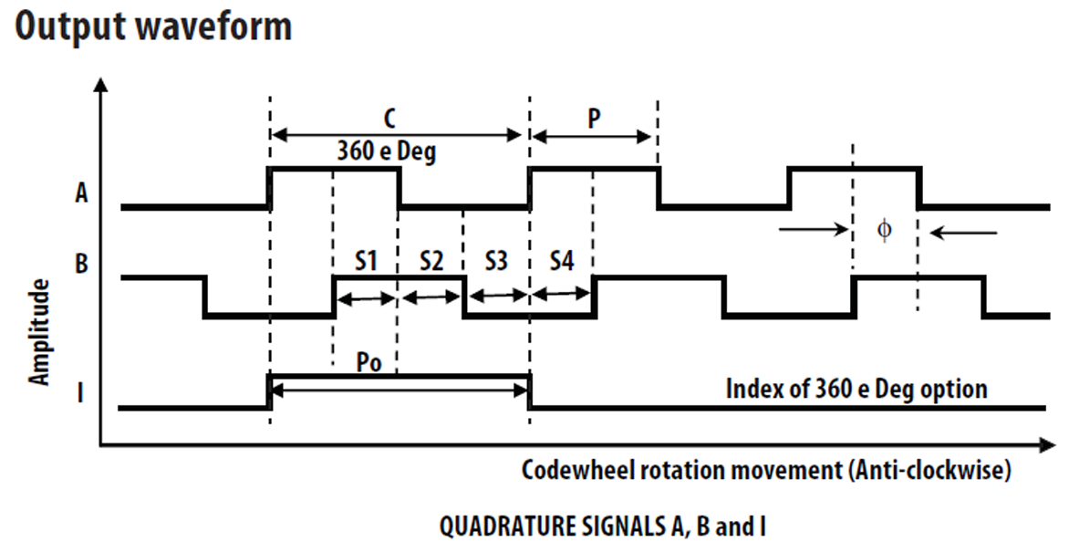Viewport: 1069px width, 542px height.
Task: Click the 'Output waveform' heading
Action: pyautogui.click(x=153, y=26)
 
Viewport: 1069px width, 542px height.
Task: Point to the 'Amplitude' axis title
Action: pyautogui.click(x=39, y=331)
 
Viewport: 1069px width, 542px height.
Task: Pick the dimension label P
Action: pyautogui.click(x=594, y=119)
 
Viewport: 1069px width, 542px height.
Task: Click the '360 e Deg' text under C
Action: pyautogui.click(x=388, y=151)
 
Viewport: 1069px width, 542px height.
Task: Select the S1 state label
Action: pyautogui.click(x=366, y=262)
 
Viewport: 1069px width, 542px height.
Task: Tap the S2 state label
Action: pyautogui.click(x=431, y=262)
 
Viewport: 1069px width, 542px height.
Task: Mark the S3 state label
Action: pyautogui.click(x=495, y=262)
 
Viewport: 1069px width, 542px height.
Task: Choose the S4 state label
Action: pyautogui.click(x=562, y=262)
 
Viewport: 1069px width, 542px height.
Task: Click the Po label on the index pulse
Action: pyautogui.click(x=368, y=359)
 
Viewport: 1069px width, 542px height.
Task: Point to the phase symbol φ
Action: pyautogui.click(x=883, y=230)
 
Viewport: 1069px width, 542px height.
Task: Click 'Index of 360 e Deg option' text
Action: pyautogui.click(x=856, y=389)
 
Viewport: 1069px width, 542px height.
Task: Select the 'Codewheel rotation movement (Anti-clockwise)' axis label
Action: pyautogui.click(x=767, y=471)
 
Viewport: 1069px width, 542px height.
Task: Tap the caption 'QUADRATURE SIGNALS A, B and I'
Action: pyautogui.click(x=603, y=526)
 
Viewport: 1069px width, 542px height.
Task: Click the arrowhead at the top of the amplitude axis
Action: pyautogui.click(x=101, y=87)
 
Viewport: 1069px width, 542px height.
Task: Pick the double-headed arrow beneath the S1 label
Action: pyautogui.click(x=366, y=297)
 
